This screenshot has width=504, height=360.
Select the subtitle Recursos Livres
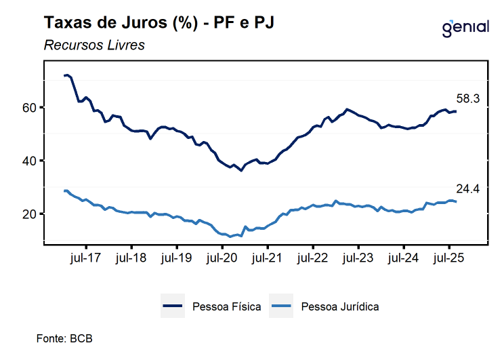(x=94, y=45)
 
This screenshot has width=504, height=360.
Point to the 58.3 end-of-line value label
(x=466, y=99)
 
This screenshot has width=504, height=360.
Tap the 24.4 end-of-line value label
(x=466, y=189)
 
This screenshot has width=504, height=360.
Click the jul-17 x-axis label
(x=86, y=258)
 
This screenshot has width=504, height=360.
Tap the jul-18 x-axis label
(x=131, y=258)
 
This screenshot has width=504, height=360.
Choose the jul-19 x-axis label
(x=177, y=258)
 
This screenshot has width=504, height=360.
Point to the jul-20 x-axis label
(x=222, y=258)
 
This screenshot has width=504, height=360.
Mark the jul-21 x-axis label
(x=268, y=258)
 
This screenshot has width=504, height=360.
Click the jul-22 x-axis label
(x=313, y=258)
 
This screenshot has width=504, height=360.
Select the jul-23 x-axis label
(x=358, y=258)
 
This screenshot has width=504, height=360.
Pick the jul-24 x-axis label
(x=404, y=258)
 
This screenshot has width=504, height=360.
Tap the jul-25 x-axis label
(x=449, y=258)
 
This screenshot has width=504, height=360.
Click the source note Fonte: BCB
(x=64, y=338)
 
